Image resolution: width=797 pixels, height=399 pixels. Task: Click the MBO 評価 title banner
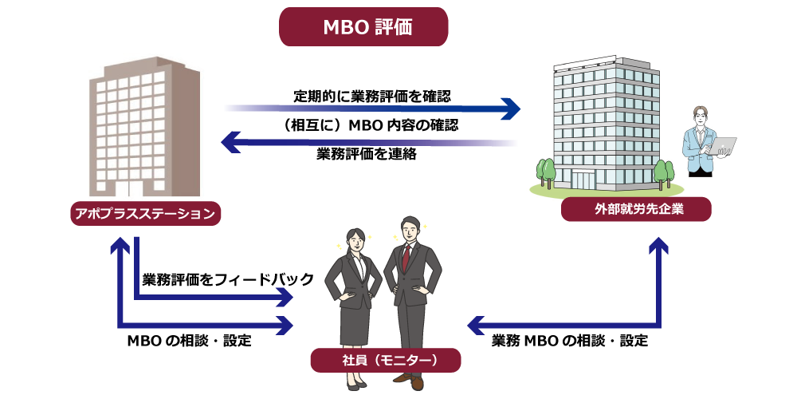coord(363,27)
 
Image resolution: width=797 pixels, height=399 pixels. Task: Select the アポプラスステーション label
coord(145,213)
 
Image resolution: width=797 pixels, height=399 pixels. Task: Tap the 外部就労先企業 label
coord(636,210)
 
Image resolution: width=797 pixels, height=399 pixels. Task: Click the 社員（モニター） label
coord(386,360)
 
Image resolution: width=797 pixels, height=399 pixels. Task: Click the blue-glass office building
coord(606,124)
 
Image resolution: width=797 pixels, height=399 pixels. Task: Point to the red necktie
coord(406,257)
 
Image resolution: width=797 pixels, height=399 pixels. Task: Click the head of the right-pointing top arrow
coord(510,109)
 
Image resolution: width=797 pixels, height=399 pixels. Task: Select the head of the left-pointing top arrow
coord(230,142)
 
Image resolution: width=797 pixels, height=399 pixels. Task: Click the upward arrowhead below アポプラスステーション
coord(120,245)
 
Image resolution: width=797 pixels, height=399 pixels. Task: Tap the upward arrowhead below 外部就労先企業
coord(658,245)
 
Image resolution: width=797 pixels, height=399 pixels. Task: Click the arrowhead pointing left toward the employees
coord(476,325)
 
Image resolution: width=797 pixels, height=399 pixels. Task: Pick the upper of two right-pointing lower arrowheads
coord(285,297)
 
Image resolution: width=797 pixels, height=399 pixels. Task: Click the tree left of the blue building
coord(546,172)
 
